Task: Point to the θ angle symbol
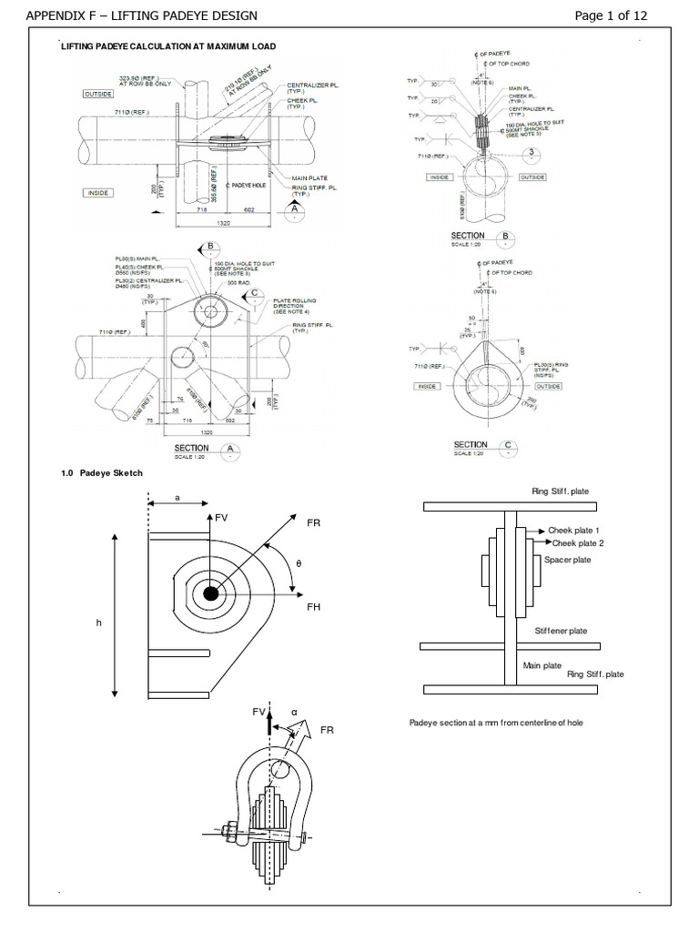pos(298,564)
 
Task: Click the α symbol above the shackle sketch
pos(294,713)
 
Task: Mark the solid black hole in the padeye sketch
pos(211,593)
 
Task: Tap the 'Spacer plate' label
pos(567,560)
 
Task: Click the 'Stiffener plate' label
pos(561,631)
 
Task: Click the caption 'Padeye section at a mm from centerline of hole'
pos(496,722)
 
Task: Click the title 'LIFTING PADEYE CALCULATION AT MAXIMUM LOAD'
pos(168,46)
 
